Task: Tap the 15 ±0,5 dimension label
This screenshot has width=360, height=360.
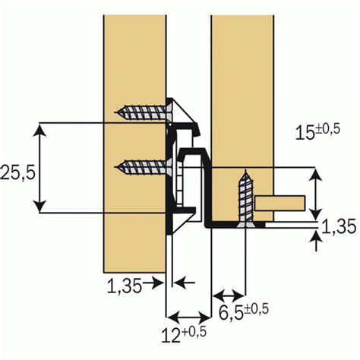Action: (317, 132)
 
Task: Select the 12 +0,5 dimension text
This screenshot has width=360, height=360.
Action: (184, 335)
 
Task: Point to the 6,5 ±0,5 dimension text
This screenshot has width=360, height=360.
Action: (244, 311)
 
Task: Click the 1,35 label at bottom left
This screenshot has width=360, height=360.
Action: (124, 286)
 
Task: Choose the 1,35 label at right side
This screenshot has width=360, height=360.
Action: (339, 226)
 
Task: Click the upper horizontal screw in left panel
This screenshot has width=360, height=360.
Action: (144, 112)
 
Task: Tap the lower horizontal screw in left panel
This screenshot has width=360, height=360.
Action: (144, 167)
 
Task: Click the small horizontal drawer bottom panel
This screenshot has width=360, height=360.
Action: (279, 203)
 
